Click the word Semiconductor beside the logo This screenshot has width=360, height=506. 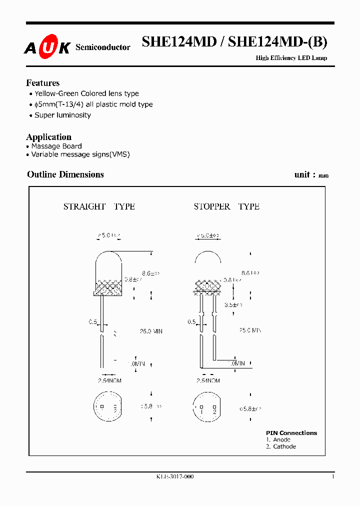(102, 47)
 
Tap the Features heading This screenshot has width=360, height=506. (42, 83)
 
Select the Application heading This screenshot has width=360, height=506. (48, 137)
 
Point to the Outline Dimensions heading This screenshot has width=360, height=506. (65, 174)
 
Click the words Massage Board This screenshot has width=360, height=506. (56, 146)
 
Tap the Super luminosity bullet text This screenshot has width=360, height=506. (62, 115)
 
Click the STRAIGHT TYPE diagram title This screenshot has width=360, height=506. (99, 206)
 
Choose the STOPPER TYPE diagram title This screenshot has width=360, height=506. (226, 206)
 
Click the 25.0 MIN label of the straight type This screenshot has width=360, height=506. (151, 331)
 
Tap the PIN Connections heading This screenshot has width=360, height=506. (291, 433)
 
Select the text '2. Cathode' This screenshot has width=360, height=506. (281, 446)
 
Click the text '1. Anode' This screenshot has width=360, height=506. (278, 440)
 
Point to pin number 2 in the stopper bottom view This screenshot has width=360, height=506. (214, 411)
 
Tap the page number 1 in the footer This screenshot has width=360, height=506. (332, 477)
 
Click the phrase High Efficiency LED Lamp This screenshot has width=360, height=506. (291, 58)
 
